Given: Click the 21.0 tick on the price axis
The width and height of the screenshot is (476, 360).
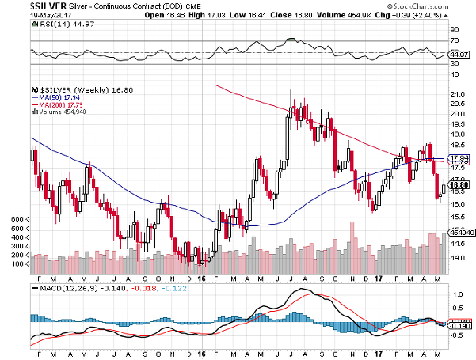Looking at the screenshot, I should point(457,95).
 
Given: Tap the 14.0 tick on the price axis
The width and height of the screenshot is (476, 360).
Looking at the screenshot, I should point(457,257).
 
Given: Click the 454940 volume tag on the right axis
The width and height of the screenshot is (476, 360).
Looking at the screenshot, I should point(460,233).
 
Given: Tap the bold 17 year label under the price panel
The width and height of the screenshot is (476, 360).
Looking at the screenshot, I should point(379,279).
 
